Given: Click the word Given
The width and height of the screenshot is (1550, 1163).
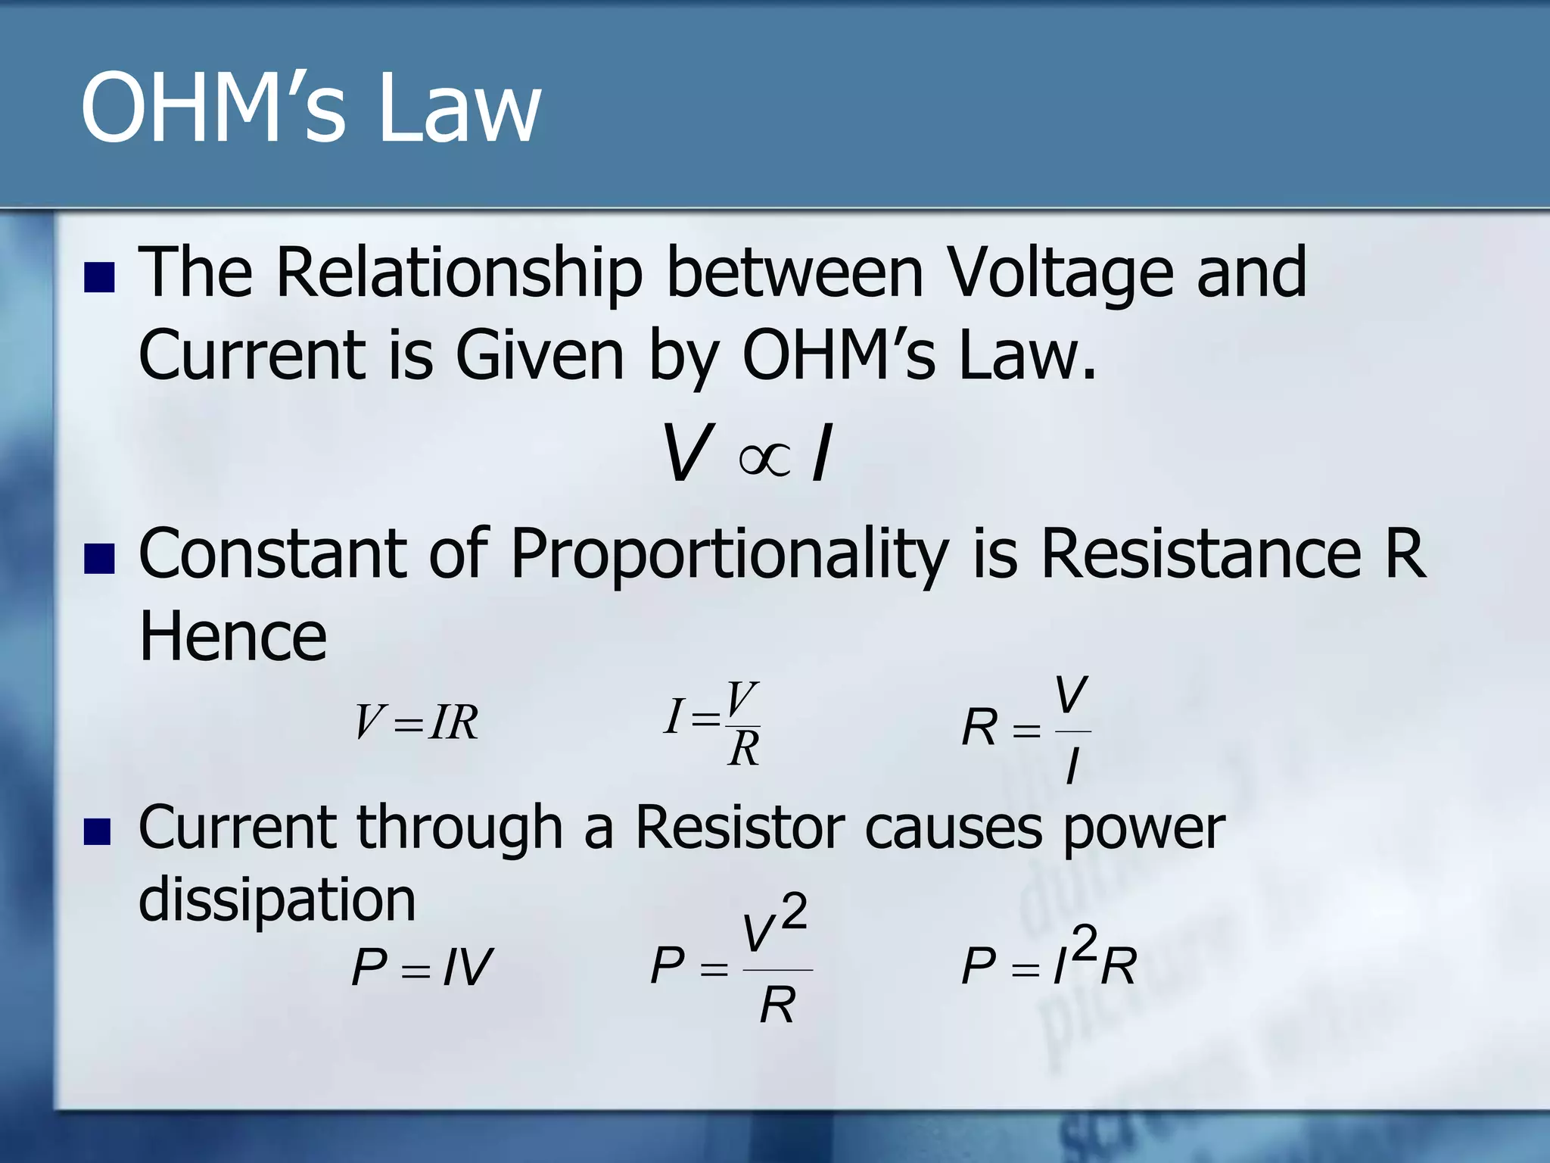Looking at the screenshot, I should (539, 355).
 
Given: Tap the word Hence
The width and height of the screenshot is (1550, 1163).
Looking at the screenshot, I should (233, 637).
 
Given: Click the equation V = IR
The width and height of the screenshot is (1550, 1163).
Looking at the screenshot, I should (416, 722).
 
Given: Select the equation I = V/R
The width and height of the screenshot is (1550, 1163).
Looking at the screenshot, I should (712, 722).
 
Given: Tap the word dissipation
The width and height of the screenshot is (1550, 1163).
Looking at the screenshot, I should (277, 900).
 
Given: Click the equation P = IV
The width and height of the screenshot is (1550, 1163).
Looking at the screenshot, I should (422, 967).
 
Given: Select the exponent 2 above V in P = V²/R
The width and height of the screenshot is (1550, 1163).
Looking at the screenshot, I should (794, 912).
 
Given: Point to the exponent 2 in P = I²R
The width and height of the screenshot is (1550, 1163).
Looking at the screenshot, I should (1085, 943).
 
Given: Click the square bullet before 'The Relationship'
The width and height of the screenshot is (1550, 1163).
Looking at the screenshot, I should (99, 277).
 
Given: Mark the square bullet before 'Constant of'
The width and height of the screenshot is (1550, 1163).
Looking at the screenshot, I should (99, 560).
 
